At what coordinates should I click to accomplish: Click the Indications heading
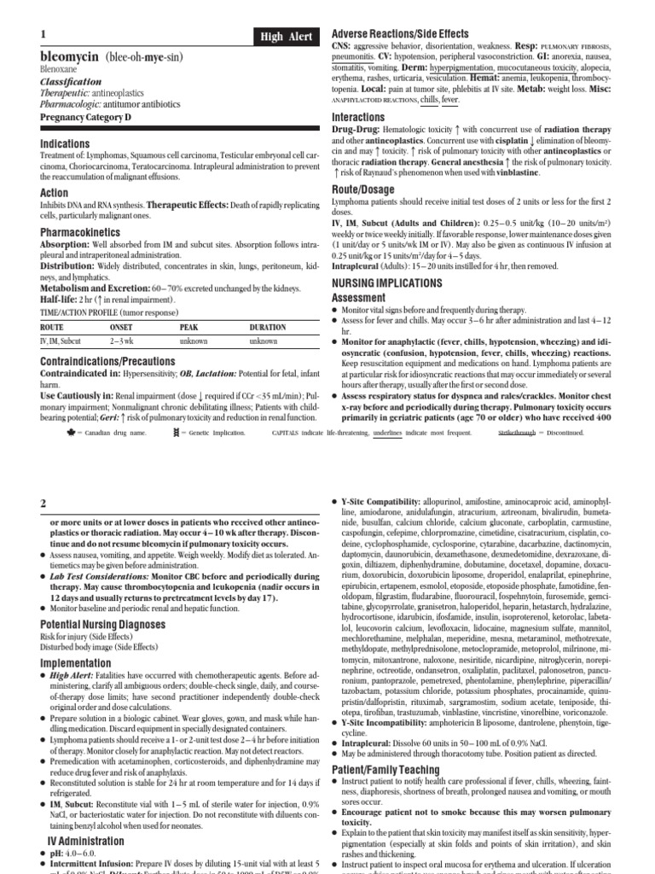coord(66,144)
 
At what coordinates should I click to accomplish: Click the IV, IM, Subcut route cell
coord(61,341)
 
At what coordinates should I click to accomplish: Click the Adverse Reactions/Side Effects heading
coord(400,33)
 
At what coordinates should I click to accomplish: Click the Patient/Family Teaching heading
coord(391,746)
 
